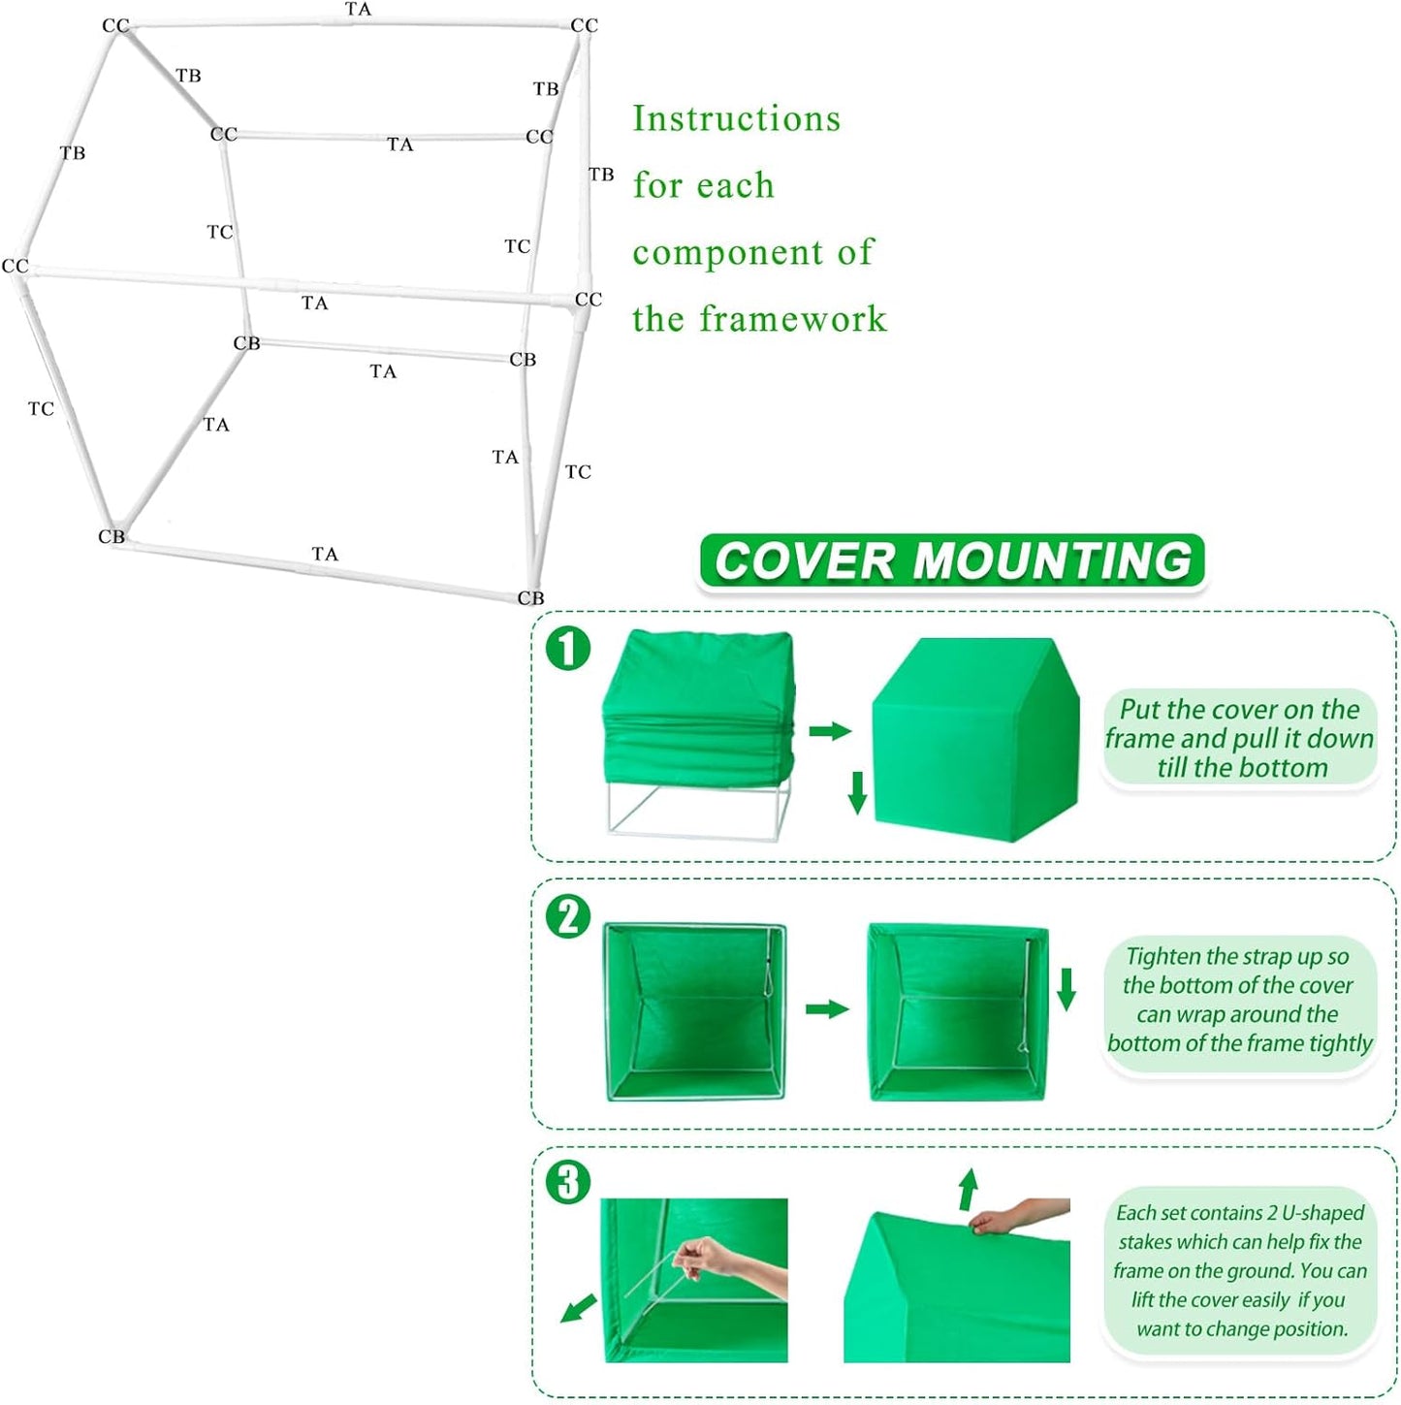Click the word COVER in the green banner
[x=804, y=561]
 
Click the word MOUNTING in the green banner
[x=1052, y=561]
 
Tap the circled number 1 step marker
[x=568, y=648]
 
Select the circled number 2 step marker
[x=568, y=916]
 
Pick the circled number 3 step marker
[x=568, y=1182]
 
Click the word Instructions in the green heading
[x=736, y=118]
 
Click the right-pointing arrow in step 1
[x=829, y=730]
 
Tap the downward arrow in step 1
[x=857, y=791]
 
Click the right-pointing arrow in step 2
[x=827, y=1009]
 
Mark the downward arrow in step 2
[x=1067, y=989]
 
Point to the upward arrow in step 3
[x=968, y=1189]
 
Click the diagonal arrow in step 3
[x=579, y=1309]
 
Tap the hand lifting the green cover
[x=1008, y=1218]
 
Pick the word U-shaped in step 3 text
[x=1322, y=1213]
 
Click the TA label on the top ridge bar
[x=358, y=10]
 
